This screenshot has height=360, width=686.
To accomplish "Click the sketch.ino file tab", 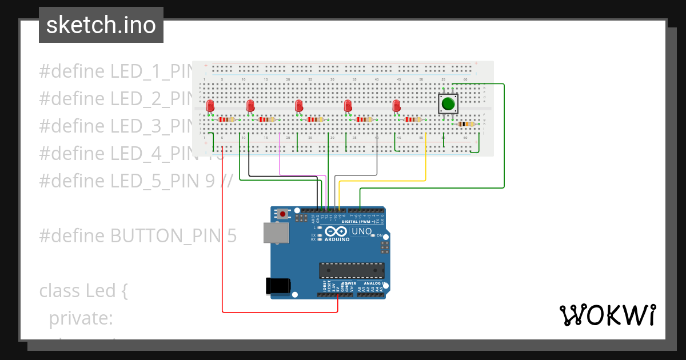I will pos(101,25).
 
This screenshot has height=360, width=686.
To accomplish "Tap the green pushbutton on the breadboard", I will pos(448,104).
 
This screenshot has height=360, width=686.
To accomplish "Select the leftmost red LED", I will pos(210,106).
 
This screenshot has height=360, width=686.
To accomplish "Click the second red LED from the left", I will pos(250,106).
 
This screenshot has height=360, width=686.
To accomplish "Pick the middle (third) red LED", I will pos(298,106).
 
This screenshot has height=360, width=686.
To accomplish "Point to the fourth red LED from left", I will pos(348,106).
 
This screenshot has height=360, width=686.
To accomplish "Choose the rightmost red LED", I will pos(396,106).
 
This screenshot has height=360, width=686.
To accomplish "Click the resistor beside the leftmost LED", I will pos(227,119).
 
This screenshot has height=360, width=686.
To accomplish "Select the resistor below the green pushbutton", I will pos(466,124).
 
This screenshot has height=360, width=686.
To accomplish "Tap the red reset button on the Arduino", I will pos(282,214).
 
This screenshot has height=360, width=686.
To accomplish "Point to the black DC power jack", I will pos(278,286).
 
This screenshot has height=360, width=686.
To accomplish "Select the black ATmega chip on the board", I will pos(351,270).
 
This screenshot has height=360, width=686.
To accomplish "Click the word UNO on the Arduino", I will pos(362,231).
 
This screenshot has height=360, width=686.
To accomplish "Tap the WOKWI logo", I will pos(607,315).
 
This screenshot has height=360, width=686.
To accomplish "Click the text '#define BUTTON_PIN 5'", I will pos(137,236).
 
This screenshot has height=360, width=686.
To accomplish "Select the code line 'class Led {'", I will pos(83,291).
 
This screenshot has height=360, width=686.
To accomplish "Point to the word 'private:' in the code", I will pos(81,318).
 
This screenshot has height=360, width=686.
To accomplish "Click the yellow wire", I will pos(426,166).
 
